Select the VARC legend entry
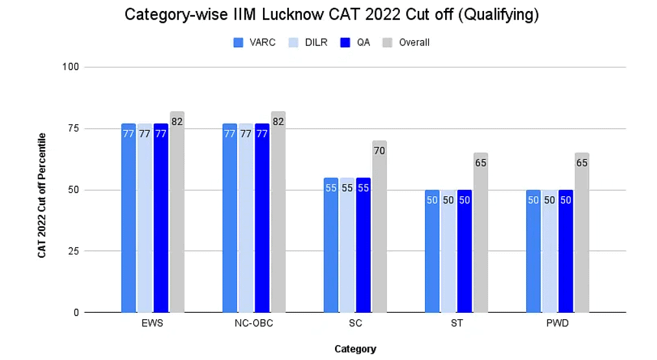[255, 43]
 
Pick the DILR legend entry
[307, 43]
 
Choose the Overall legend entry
[406, 43]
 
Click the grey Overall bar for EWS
[177, 214]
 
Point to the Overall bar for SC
[379, 227]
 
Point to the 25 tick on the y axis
[73, 251]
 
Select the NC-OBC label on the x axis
[253, 324]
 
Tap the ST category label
[456, 324]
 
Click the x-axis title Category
[355, 349]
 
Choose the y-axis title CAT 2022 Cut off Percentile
[42, 196]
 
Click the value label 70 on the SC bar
[379, 151]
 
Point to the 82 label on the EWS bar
[177, 122]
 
